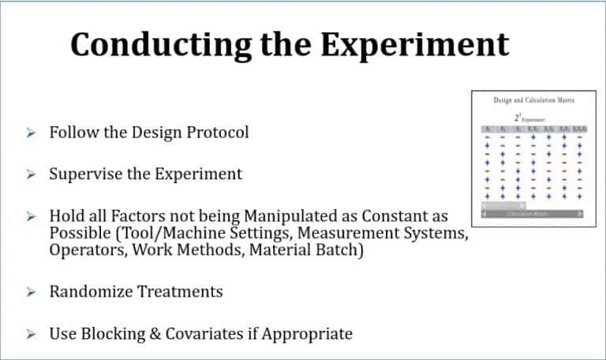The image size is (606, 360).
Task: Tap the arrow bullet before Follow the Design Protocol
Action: click(30, 133)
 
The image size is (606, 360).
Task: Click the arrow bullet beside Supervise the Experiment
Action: click(30, 174)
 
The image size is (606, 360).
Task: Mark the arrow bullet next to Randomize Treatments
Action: click(30, 293)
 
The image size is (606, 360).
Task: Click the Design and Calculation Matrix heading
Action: click(533, 102)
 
